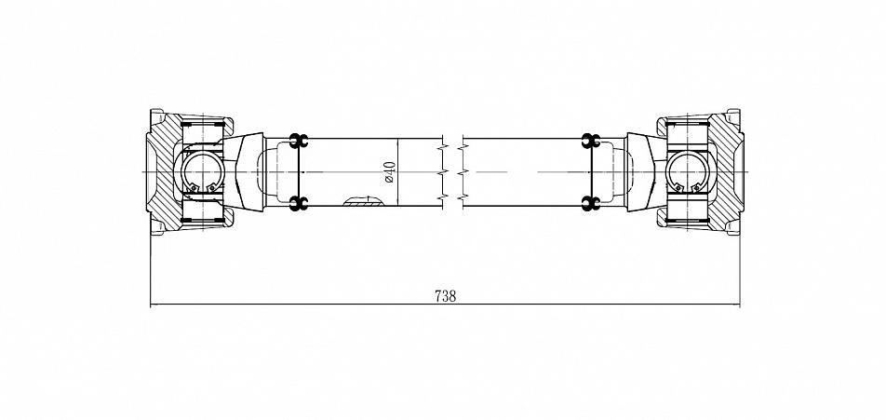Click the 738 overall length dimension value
click(445, 295)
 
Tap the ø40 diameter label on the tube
click(390, 172)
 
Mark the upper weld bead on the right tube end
click(590, 141)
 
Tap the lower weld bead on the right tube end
click(590, 204)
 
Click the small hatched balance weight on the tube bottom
click(363, 200)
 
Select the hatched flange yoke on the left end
click(161, 172)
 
